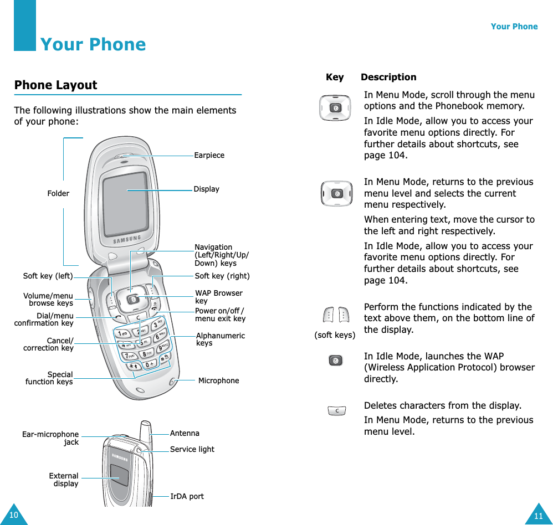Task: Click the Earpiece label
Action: pos(209,155)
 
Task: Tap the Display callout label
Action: pos(206,189)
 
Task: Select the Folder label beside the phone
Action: pos(58,193)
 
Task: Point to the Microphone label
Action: pos(218,380)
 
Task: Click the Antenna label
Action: pos(185,433)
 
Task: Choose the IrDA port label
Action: pos(187,496)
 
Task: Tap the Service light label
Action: pos(192,449)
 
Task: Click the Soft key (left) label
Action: pos(48,276)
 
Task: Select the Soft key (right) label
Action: pos(222,276)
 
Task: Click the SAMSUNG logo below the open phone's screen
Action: pos(127,240)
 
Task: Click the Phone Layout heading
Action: pos(55,85)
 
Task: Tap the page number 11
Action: pos(539,516)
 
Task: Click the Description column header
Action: pos(388,77)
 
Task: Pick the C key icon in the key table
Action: pos(336,411)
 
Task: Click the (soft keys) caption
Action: pos(335,335)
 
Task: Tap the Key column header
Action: pos(335,77)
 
